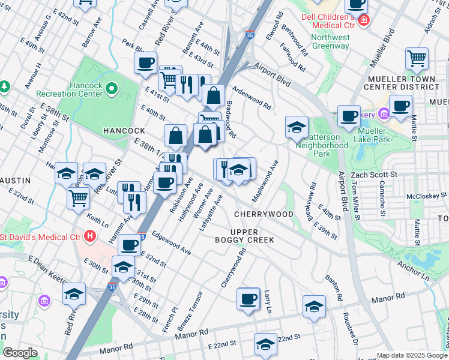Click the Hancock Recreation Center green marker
click(112, 89)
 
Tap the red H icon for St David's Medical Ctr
click(90, 235)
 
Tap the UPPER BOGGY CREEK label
click(253, 236)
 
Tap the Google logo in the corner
click(20, 353)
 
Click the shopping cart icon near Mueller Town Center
click(417, 59)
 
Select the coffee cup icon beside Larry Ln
click(248, 298)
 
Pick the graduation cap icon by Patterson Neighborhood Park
click(297, 127)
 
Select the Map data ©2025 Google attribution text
click(412, 355)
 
